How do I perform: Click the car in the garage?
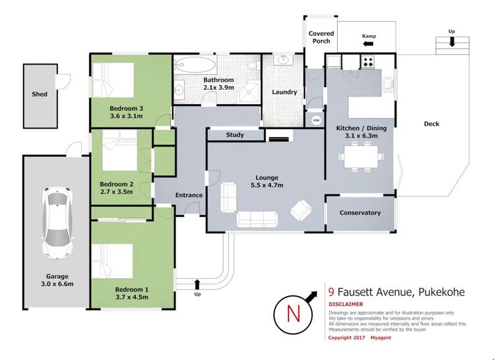coord(57,222)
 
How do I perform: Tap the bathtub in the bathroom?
coord(195,65)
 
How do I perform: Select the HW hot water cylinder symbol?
coord(316,120)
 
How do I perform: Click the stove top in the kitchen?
coord(367,62)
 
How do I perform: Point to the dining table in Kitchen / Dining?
coord(361,156)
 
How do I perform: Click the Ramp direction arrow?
coord(368,44)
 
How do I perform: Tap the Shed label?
coord(40,94)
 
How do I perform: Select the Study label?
coord(235,135)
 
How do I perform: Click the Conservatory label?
coord(360,213)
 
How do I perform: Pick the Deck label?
coord(431,124)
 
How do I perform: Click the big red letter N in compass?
coord(293,314)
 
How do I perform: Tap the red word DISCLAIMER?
coord(346,304)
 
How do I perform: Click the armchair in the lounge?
coord(301,210)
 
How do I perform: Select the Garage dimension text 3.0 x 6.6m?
coord(57,284)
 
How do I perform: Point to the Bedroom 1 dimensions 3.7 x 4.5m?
coord(132,297)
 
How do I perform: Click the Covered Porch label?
coord(321,37)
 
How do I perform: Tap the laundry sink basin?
coord(284,59)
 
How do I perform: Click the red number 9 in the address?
coord(331,292)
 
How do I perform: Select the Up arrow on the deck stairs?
coord(452,42)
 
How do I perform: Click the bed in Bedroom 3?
coord(113,80)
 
